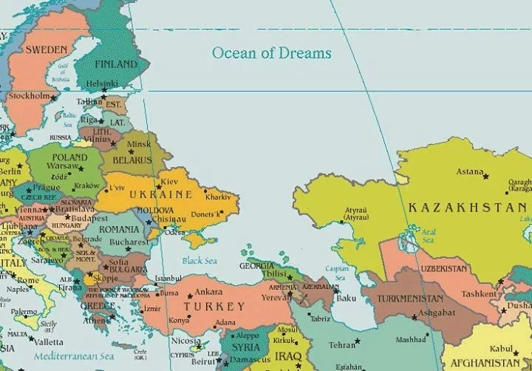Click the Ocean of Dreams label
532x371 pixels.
[271, 53]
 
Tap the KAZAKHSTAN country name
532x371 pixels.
[469, 208]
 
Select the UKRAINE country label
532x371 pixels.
[160, 194]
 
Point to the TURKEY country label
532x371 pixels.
[214, 306]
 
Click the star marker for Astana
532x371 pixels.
[485, 176]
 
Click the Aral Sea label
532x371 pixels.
[429, 236]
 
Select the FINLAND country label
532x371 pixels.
[115, 64]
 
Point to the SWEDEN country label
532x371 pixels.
[46, 50]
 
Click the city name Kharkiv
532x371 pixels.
[219, 197]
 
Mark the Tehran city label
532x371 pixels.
[341, 344]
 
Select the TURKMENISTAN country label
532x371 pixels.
[411, 299]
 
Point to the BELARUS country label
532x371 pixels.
[132, 160]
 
